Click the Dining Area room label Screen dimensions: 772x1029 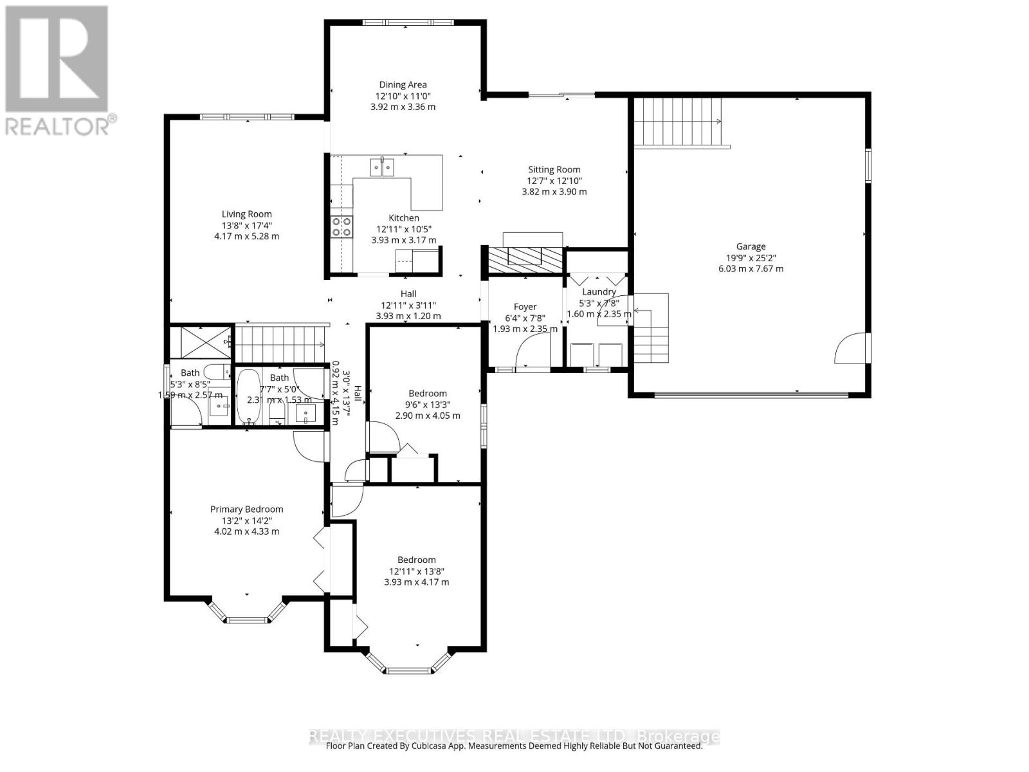(x=403, y=84)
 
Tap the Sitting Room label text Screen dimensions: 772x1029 (x=554, y=170)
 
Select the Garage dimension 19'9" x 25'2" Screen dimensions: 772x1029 (x=751, y=257)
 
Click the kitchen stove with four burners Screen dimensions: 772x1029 (x=341, y=226)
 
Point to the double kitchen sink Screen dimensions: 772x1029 (x=382, y=167)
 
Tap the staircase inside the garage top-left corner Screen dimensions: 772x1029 (x=678, y=122)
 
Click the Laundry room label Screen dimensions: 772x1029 (x=598, y=291)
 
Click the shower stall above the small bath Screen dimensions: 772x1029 (x=200, y=342)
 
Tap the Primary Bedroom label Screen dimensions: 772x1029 (x=246, y=509)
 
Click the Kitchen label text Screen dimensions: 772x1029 (x=403, y=218)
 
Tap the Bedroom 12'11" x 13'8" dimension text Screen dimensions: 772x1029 (x=416, y=571)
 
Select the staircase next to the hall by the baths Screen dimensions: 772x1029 (x=280, y=344)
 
